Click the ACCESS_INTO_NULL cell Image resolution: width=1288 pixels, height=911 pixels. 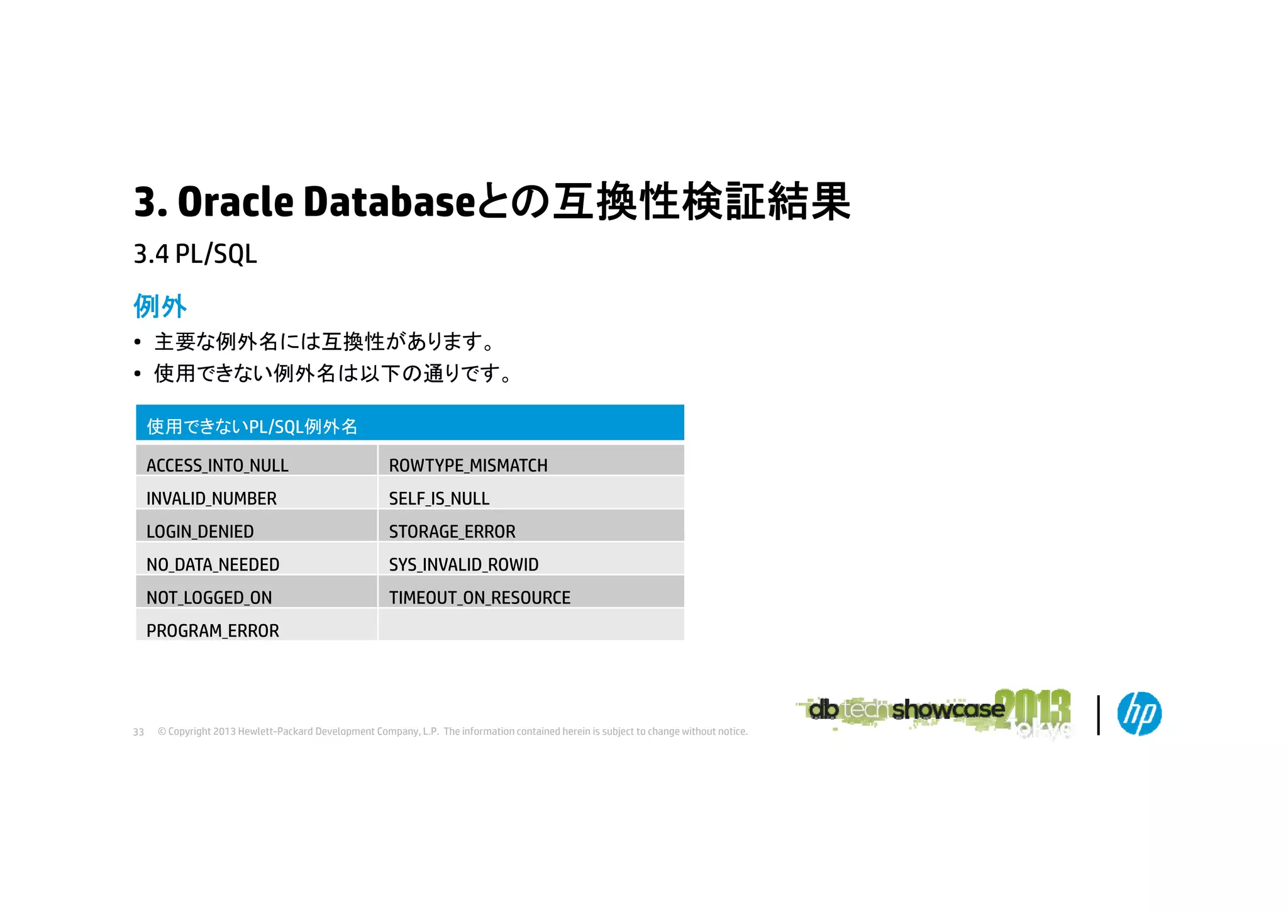click(217, 465)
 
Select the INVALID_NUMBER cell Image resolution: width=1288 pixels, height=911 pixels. click(211, 498)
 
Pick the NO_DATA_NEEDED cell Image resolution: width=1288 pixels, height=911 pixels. click(213, 564)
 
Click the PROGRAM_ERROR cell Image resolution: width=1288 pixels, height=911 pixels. click(213, 630)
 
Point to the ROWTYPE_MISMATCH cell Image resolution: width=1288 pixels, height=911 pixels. click(468, 465)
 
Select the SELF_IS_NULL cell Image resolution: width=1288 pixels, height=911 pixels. click(439, 498)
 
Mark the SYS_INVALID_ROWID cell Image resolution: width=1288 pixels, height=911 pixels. click(464, 564)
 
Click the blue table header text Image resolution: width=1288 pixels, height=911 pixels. click(252, 427)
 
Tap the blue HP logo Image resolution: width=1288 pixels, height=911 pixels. click(1139, 713)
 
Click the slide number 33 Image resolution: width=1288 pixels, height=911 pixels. click(138, 732)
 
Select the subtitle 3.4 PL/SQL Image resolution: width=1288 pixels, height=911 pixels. click(195, 254)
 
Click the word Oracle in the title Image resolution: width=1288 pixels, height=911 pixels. click(235, 203)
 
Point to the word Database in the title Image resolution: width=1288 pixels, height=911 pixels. click(389, 203)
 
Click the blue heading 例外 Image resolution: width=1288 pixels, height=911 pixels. click(160, 306)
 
